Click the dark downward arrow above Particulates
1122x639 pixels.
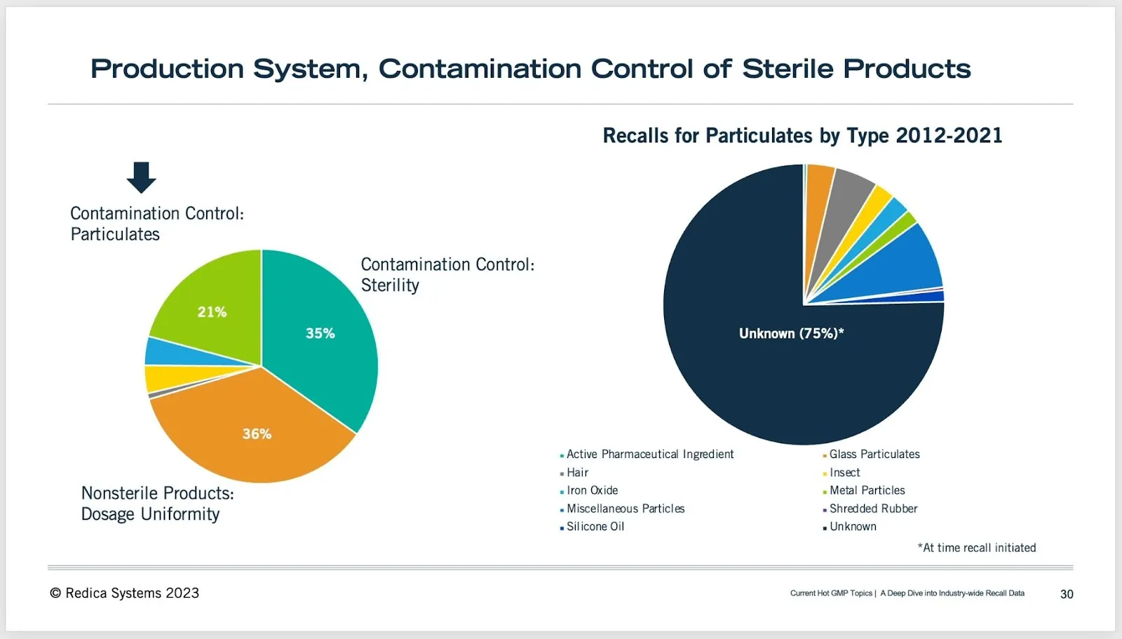click(x=141, y=177)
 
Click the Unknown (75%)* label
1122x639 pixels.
click(x=792, y=333)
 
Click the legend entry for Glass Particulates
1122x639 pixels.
click(x=871, y=454)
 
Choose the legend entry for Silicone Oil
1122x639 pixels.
click(x=592, y=527)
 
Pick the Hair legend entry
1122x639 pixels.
click(x=574, y=473)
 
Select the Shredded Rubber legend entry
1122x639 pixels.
click(x=870, y=509)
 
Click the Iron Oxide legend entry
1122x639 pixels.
click(x=589, y=490)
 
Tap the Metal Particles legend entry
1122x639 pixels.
click(x=864, y=490)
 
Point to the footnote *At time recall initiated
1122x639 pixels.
click(x=977, y=548)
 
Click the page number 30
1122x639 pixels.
click(x=1067, y=594)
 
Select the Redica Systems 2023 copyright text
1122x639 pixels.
click(x=124, y=593)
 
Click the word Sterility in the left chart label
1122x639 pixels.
click(x=390, y=285)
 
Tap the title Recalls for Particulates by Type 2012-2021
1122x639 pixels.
click(x=802, y=135)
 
